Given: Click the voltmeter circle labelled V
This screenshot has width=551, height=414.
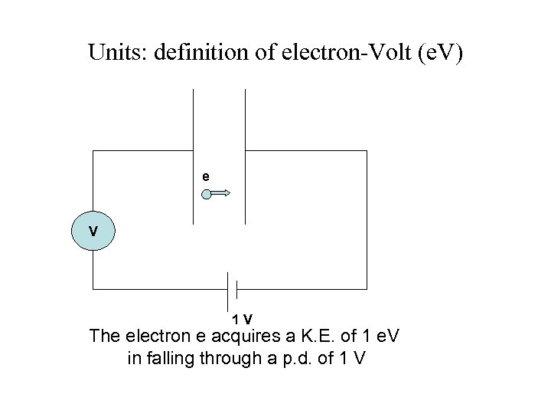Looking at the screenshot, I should pos(93,231).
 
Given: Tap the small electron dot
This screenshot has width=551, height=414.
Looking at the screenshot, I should pos(207,194).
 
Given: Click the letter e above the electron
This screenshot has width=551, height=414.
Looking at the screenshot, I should pos(205,176).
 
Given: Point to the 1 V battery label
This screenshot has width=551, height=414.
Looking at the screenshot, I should pos(243,318).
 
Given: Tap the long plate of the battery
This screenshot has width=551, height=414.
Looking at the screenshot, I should pos(228,289).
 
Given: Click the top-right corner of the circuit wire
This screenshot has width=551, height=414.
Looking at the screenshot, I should pos(367,151).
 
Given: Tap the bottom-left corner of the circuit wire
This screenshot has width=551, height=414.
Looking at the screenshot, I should pos(93,289).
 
